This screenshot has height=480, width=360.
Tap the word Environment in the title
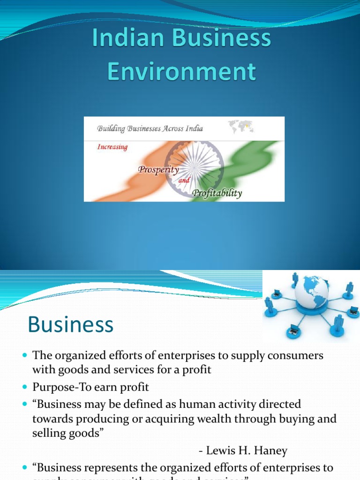click(x=181, y=72)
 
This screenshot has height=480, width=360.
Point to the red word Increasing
click(x=112, y=147)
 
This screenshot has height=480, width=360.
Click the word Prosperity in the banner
click(x=158, y=170)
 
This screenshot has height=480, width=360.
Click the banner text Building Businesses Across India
click(x=150, y=128)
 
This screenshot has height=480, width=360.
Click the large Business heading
click(x=70, y=324)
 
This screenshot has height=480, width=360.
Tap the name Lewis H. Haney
click(x=243, y=451)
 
